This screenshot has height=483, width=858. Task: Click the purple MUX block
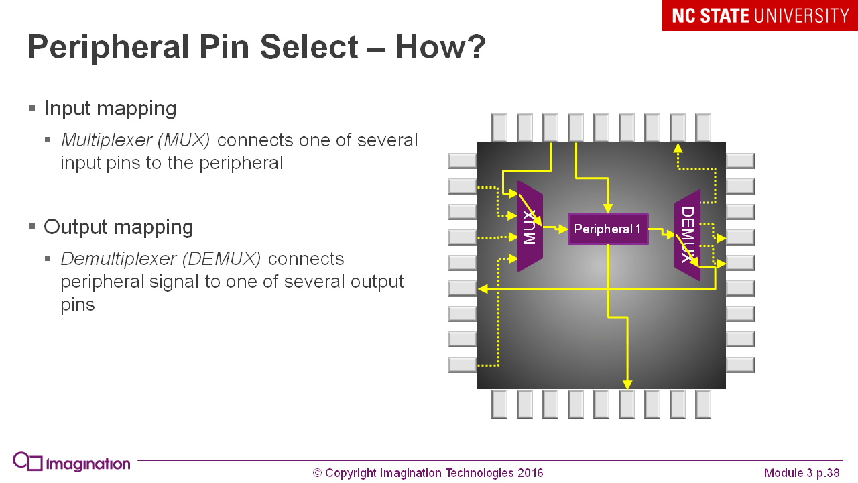pos(530,227)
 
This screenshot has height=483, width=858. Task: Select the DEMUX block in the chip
pos(687,235)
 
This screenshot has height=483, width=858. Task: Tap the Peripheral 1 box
pos(607,229)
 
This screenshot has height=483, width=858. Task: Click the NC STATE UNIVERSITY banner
pos(759,15)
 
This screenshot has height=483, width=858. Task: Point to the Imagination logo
pos(71,463)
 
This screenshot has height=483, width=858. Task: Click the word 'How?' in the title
pos(440,48)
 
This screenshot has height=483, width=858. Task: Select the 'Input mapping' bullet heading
pos(110,108)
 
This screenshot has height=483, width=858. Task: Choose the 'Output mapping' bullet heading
pos(118,227)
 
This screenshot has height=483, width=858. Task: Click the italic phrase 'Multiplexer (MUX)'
pos(135,140)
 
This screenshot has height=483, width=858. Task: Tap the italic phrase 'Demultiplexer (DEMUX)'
pos(160,259)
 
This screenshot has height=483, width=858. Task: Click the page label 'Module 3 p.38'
pos(802,473)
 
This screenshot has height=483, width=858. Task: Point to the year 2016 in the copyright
pos(530,473)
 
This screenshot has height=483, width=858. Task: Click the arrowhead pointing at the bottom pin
pos(627,384)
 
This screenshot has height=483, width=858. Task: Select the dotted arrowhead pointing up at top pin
pos(678,148)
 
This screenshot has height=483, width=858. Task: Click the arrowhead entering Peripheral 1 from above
pos(608,209)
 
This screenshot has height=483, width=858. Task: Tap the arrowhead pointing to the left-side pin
pos(482,289)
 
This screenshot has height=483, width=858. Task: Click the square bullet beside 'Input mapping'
pos(32,108)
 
